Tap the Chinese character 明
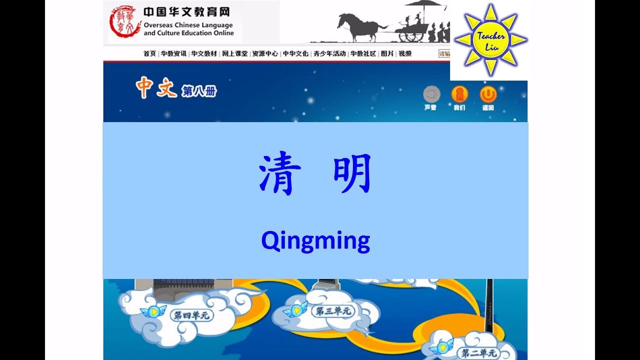352,174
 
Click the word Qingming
315,241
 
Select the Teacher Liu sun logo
490,39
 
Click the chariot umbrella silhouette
423,6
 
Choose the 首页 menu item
149,53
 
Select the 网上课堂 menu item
234,53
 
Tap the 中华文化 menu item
295,53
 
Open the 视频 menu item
405,53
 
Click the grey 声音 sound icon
431,94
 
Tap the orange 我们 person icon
459,94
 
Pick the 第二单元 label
479,353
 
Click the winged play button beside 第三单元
295,310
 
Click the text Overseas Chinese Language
188,25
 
